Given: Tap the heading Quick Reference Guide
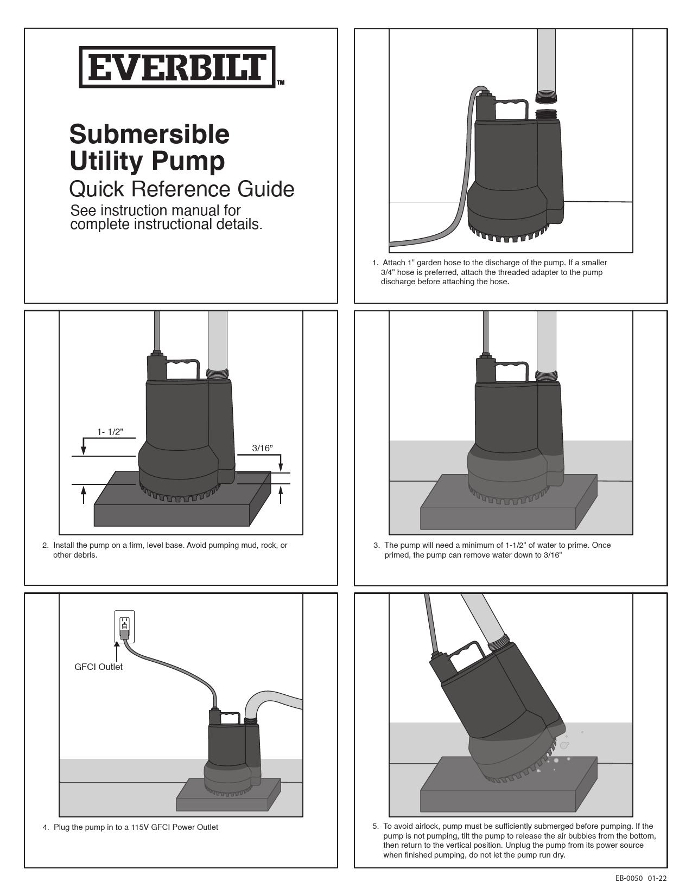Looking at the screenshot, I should (x=182, y=189).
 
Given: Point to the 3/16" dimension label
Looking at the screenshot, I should (x=262, y=448).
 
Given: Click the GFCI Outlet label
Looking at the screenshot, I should (x=98, y=667).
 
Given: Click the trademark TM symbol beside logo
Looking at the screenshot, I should (x=281, y=83).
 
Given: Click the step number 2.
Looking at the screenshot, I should (x=45, y=545).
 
